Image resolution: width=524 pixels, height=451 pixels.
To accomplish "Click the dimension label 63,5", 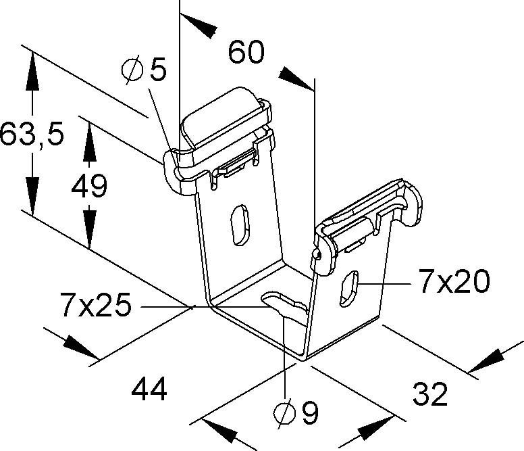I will [32, 134].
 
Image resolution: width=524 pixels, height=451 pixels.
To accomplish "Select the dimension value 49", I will [89, 186].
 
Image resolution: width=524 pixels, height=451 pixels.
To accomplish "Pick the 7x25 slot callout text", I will [95, 306].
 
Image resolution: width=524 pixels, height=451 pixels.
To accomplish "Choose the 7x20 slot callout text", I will [453, 283].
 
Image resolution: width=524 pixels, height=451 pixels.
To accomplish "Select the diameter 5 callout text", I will [143, 69].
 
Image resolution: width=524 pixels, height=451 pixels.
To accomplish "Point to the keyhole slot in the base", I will [284, 303].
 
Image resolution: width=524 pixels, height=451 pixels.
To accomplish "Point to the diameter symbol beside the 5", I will [132, 69].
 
